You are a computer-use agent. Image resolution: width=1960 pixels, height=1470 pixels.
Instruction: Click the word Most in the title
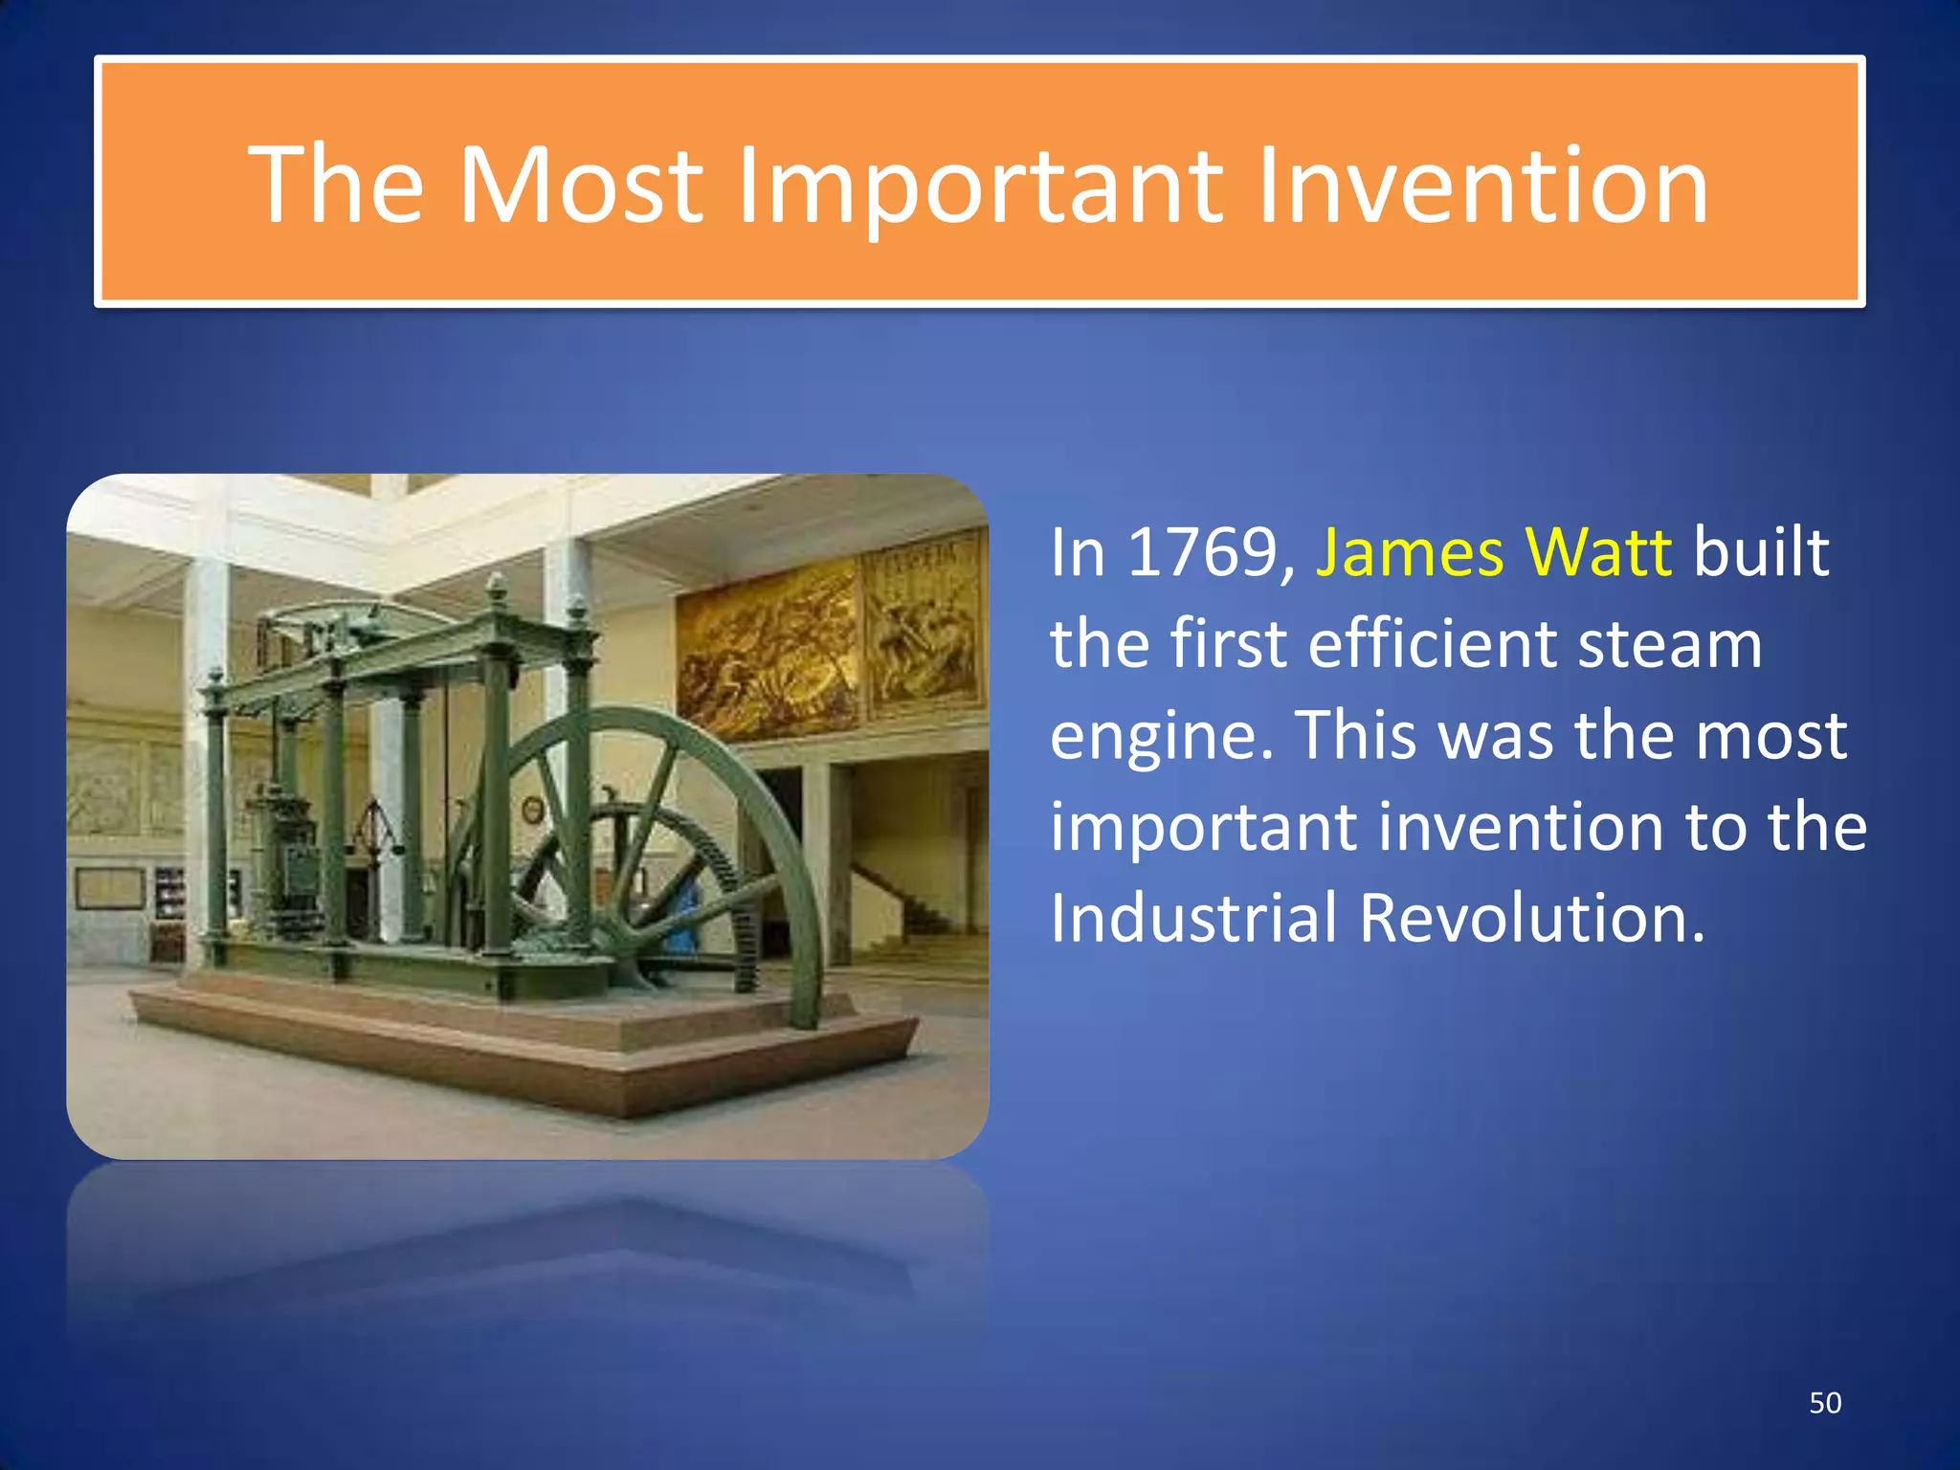[x=580, y=184]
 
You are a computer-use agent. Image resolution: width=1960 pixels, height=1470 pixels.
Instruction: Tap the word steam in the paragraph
[x=1670, y=644]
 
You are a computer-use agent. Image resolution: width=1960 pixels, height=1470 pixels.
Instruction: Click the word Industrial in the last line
[x=1193, y=917]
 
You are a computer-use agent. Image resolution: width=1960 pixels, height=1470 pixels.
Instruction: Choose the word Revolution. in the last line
[x=1532, y=917]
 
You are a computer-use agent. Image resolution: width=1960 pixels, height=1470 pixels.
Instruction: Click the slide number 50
[x=1824, y=1403]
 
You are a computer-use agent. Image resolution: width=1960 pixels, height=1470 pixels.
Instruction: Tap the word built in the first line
[x=1761, y=553]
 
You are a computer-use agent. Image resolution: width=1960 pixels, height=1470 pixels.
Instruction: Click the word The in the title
[x=336, y=184]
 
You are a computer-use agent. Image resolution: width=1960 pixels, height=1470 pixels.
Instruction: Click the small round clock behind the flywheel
[x=532, y=810]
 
